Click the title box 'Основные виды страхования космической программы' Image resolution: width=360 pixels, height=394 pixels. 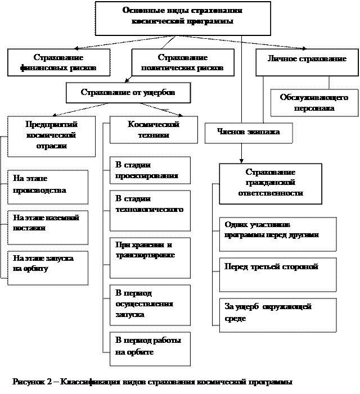point(183,17)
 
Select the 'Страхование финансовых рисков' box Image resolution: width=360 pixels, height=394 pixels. point(58,63)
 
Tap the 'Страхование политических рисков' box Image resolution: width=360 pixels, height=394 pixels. point(182,63)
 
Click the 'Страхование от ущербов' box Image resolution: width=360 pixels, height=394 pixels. point(128,93)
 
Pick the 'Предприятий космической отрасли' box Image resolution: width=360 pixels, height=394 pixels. point(51,135)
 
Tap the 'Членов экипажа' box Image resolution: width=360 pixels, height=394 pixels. point(249,133)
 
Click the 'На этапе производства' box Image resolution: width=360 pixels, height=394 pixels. point(48,186)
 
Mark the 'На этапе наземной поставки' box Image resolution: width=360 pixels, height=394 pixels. point(48,227)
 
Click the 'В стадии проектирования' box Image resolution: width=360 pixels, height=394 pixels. point(150,170)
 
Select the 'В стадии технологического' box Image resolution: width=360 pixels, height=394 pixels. point(150,210)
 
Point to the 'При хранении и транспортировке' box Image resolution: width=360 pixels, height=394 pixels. point(150,257)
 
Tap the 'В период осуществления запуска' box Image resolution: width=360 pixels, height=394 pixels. point(150,305)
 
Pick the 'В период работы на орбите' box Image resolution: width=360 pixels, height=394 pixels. point(150,348)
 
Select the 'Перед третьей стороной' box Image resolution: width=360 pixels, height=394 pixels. point(277,274)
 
